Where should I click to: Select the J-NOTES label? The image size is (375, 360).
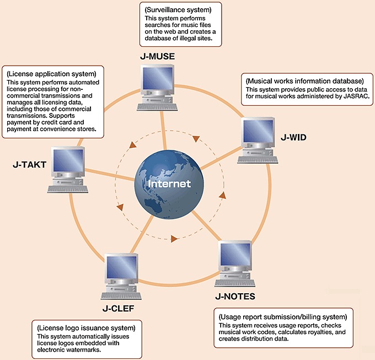(x=235, y=297)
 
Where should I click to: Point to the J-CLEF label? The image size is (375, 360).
(x=117, y=307)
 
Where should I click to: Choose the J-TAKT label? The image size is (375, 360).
(x=27, y=164)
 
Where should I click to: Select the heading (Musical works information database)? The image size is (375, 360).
(x=304, y=81)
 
